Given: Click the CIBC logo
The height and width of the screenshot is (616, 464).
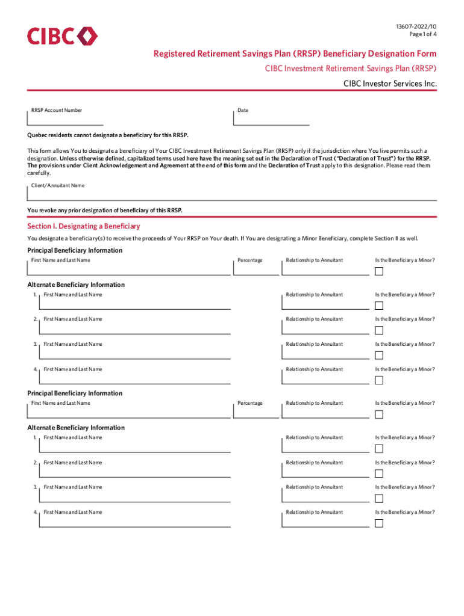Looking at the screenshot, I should point(61,36).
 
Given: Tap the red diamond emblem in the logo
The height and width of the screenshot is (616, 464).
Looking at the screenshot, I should point(87,36).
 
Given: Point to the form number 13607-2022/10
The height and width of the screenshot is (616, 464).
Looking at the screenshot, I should point(416,27).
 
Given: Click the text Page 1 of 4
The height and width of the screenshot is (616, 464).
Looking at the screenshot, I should point(422,34).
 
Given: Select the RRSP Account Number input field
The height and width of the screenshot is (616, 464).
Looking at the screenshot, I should point(66,119).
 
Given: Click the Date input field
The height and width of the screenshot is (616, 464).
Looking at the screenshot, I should point(271,119).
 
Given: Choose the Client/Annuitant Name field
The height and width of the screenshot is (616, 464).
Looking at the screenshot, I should point(232,194).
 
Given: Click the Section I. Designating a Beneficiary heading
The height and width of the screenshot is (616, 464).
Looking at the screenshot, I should point(84,226).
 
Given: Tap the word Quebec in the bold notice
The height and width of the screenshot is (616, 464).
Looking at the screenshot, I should point(37,136).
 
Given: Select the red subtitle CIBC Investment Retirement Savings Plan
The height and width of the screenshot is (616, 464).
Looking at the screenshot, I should point(351,69).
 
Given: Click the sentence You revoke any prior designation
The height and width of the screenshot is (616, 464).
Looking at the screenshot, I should point(104,210).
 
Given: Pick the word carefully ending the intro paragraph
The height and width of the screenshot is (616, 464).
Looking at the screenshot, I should point(39,173).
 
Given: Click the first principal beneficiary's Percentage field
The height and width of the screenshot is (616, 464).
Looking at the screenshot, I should point(256,268).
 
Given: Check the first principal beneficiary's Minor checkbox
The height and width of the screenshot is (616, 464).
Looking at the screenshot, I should point(378,271).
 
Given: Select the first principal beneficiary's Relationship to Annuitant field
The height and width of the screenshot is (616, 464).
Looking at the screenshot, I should point(325,268).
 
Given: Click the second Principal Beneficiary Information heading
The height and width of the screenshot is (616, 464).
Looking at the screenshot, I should point(75,393).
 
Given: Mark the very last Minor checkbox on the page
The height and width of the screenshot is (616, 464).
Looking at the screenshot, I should point(378,523).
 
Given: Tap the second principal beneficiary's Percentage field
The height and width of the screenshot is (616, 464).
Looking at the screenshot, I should point(256,411).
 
